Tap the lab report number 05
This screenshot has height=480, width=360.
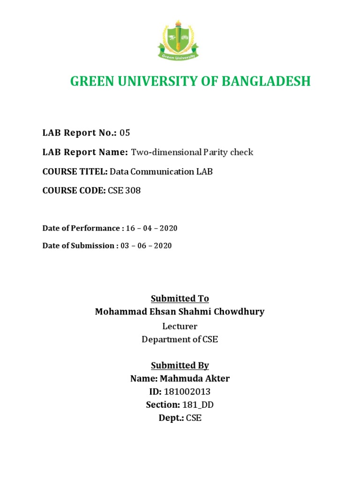pyautogui.click(x=125, y=133)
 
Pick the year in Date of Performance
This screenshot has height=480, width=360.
pyautogui.click(x=168, y=228)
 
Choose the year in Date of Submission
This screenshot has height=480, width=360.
pyautogui.click(x=163, y=246)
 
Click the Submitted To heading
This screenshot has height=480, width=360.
pyautogui.click(x=180, y=299)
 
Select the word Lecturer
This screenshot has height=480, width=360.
pyautogui.click(x=180, y=326)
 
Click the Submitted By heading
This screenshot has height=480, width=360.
pyautogui.click(x=180, y=365)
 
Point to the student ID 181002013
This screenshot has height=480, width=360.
pyautogui.click(x=190, y=392)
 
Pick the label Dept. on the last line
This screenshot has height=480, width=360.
pyautogui.click(x=171, y=418)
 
